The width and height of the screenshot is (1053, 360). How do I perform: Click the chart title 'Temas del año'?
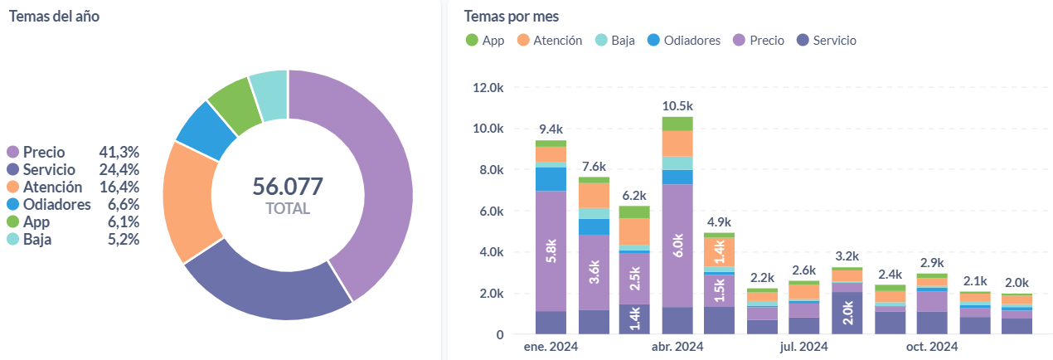pyautogui.click(x=54, y=16)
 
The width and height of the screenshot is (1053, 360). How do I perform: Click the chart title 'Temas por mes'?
pyautogui.click(x=512, y=16)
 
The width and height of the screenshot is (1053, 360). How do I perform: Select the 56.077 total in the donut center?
pyautogui.click(x=288, y=187)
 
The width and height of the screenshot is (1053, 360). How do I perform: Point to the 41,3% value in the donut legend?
pyautogui.click(x=119, y=152)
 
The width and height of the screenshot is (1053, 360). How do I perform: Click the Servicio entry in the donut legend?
pyautogui.click(x=49, y=169)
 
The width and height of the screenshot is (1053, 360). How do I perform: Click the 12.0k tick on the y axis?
pyautogui.click(x=488, y=88)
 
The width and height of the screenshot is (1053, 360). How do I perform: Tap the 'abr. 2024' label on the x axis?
pyautogui.click(x=677, y=347)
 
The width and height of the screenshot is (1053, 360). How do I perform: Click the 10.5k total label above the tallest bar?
pyautogui.click(x=677, y=105)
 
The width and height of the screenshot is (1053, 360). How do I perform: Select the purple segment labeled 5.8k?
pyautogui.click(x=551, y=251)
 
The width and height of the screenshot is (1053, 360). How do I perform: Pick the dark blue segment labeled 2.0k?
pyautogui.click(x=847, y=313)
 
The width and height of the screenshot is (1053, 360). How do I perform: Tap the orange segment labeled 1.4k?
pyautogui.click(x=720, y=249)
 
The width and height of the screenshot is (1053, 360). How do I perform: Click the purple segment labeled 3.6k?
pyautogui.click(x=593, y=272)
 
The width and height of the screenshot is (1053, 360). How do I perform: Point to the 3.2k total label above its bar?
pyautogui.click(x=847, y=255)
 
